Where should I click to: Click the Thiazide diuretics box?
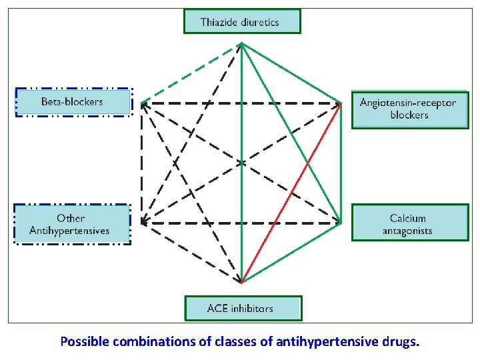242,21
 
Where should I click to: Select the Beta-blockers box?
73,102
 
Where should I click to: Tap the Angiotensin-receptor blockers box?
409,109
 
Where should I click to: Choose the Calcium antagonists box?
409,224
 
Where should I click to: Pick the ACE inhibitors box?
242,309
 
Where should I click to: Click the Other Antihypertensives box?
71,225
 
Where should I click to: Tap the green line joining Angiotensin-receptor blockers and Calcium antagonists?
341,163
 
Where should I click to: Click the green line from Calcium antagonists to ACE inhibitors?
293,251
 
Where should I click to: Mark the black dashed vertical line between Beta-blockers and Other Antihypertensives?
141,163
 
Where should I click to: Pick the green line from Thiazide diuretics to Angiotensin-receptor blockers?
291,73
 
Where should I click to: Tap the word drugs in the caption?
402,342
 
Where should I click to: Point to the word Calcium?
408,218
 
